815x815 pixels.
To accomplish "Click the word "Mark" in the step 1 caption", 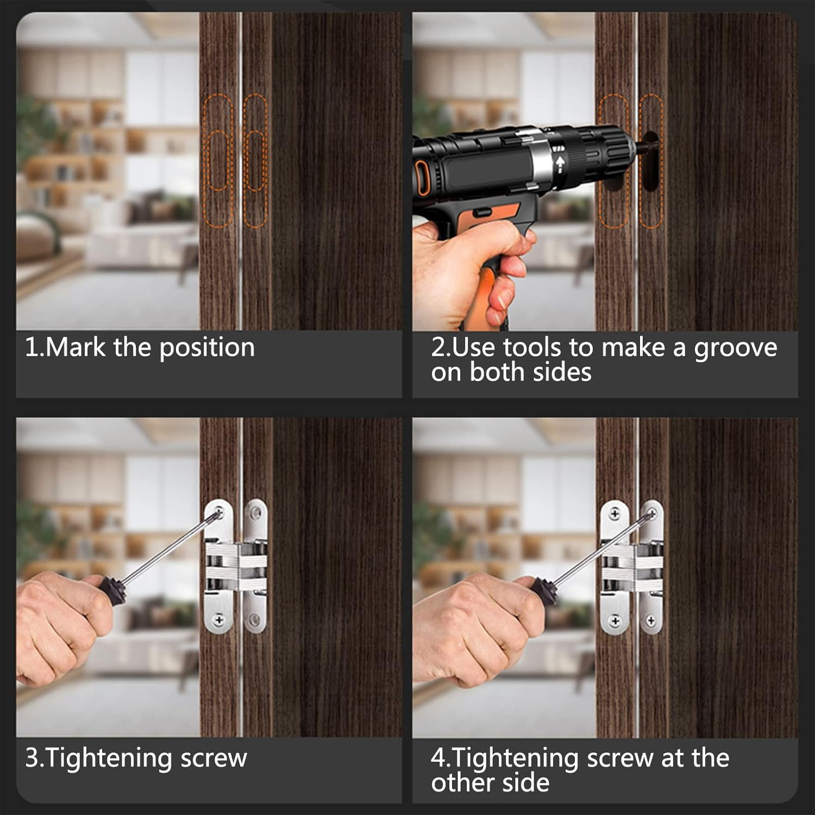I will (x=76, y=347).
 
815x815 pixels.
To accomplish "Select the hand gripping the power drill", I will (x=467, y=266).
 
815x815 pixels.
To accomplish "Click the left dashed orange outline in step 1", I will (x=218, y=161).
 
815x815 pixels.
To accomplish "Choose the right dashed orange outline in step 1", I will (x=255, y=161).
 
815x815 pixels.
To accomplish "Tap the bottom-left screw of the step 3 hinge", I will (x=219, y=619).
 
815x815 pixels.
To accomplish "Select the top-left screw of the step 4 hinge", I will (x=615, y=513).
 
